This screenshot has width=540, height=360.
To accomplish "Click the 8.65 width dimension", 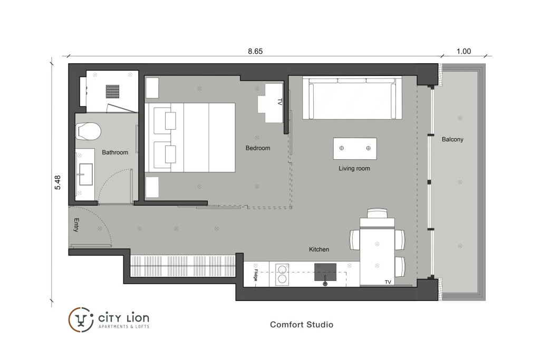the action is click(x=255, y=51).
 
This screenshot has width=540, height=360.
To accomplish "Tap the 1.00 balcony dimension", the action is click(x=464, y=51).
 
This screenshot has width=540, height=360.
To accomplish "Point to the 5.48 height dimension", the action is click(x=57, y=182).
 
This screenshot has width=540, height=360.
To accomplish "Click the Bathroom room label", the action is click(x=115, y=152).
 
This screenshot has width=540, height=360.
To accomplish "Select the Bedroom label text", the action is click(x=257, y=148).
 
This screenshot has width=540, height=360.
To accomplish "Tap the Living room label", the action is click(x=354, y=168).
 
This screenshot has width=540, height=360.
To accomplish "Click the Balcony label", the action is click(x=452, y=139).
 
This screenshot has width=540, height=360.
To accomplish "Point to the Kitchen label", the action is click(x=319, y=249).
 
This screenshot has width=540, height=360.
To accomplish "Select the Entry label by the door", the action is click(x=76, y=225).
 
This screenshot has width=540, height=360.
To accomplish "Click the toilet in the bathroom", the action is click(x=88, y=131).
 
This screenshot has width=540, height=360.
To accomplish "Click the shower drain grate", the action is click(x=113, y=92).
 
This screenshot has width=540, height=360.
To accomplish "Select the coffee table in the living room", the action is click(x=355, y=148).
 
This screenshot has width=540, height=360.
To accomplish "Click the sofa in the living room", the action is click(x=352, y=98).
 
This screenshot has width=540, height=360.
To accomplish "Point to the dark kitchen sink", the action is click(x=325, y=272).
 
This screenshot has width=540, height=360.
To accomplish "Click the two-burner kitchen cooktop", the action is click(x=282, y=274).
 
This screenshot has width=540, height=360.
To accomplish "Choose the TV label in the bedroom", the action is click(x=279, y=102).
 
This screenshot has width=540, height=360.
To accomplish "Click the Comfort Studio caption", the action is click(x=302, y=325).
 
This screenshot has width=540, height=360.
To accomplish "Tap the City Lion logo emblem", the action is click(x=81, y=320).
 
